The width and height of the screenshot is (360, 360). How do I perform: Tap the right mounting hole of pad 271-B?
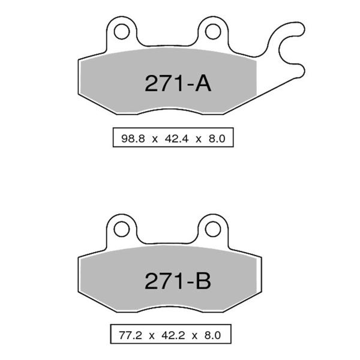[211, 227]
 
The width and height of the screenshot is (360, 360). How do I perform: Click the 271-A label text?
[178, 83]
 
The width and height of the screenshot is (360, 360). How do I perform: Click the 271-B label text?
[178, 280]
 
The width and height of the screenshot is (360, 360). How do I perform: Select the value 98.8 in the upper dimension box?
[131, 139]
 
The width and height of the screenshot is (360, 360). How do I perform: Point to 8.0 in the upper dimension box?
[216, 139]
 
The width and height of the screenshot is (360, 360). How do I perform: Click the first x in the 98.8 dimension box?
[153, 139]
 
